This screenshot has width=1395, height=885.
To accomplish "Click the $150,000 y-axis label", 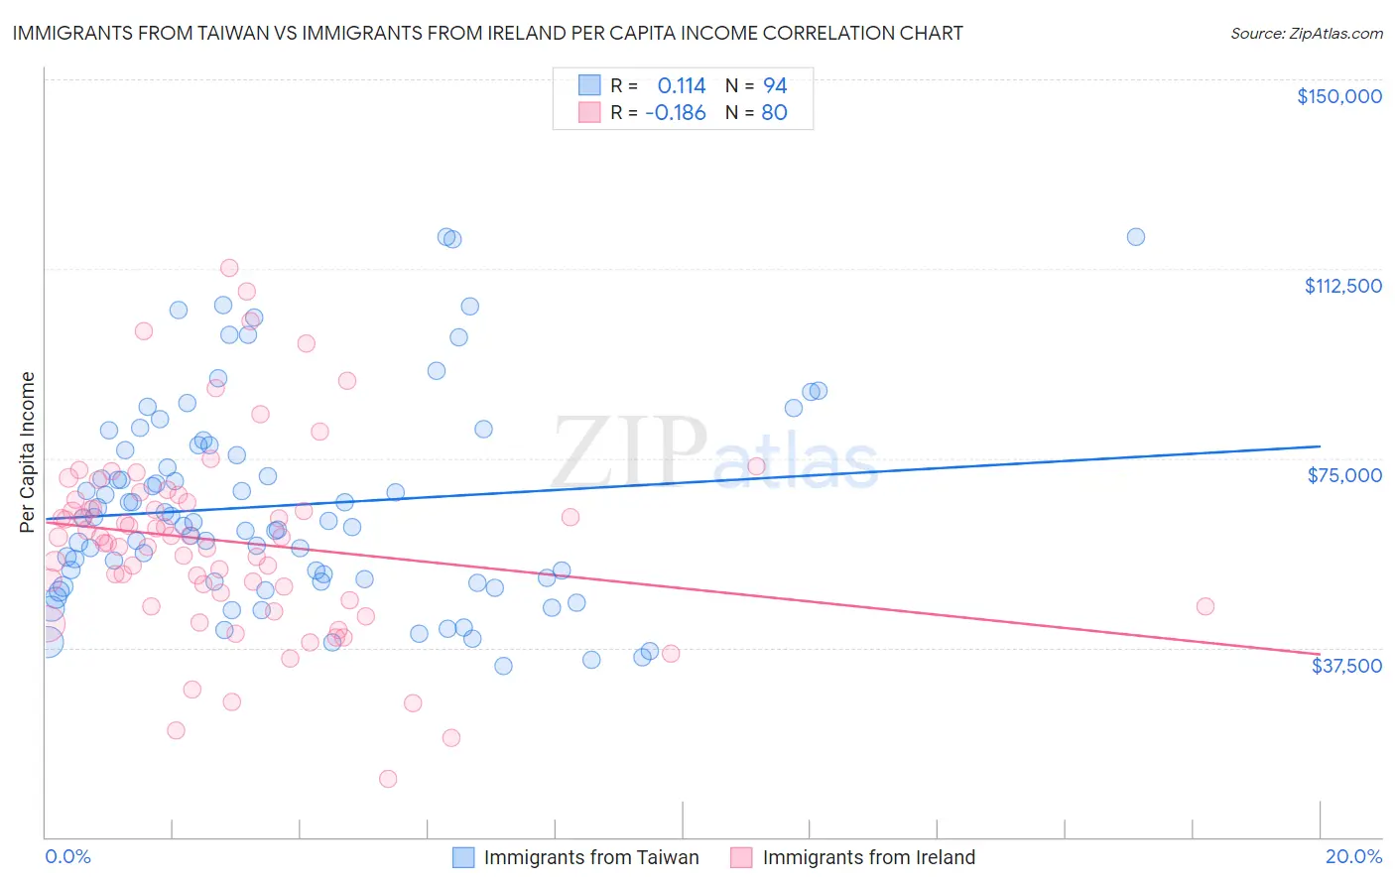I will pyautogui.click(x=1338, y=96).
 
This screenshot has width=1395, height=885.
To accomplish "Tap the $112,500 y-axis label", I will pyautogui.click(x=1342, y=286).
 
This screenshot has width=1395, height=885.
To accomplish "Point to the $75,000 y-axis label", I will pyautogui.click(x=1344, y=475).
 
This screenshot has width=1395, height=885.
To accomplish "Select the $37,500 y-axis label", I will pyautogui.click(x=1346, y=666).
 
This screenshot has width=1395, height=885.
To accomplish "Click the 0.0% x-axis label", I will pyautogui.click(x=67, y=856).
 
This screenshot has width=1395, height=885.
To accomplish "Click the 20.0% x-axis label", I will pyautogui.click(x=1353, y=856).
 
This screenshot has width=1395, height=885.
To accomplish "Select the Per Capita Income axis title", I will pyautogui.click(x=28, y=451).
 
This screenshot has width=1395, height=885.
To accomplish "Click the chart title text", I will pyautogui.click(x=487, y=33).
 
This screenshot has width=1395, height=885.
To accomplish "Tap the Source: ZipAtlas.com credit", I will pyautogui.click(x=1306, y=34).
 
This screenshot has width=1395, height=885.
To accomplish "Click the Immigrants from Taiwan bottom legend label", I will pyautogui.click(x=591, y=857).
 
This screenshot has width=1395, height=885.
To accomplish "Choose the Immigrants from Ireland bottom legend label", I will pyautogui.click(x=868, y=857).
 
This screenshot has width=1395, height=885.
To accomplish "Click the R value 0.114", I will pyautogui.click(x=682, y=85).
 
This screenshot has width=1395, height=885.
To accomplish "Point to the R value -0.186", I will pyautogui.click(x=675, y=112).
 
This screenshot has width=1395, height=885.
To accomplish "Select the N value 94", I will pyautogui.click(x=775, y=85).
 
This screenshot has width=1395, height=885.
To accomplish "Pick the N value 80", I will pyautogui.click(x=774, y=112).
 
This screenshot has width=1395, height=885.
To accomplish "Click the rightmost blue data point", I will pyautogui.click(x=1136, y=237).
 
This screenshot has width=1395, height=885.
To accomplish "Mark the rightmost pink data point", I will pyautogui.click(x=1205, y=606).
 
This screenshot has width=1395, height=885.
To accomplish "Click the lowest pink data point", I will pyautogui.click(x=388, y=779).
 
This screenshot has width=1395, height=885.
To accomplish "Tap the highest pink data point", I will pyautogui.click(x=229, y=268).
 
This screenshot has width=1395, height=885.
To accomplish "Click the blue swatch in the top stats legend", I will pyautogui.click(x=589, y=85).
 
